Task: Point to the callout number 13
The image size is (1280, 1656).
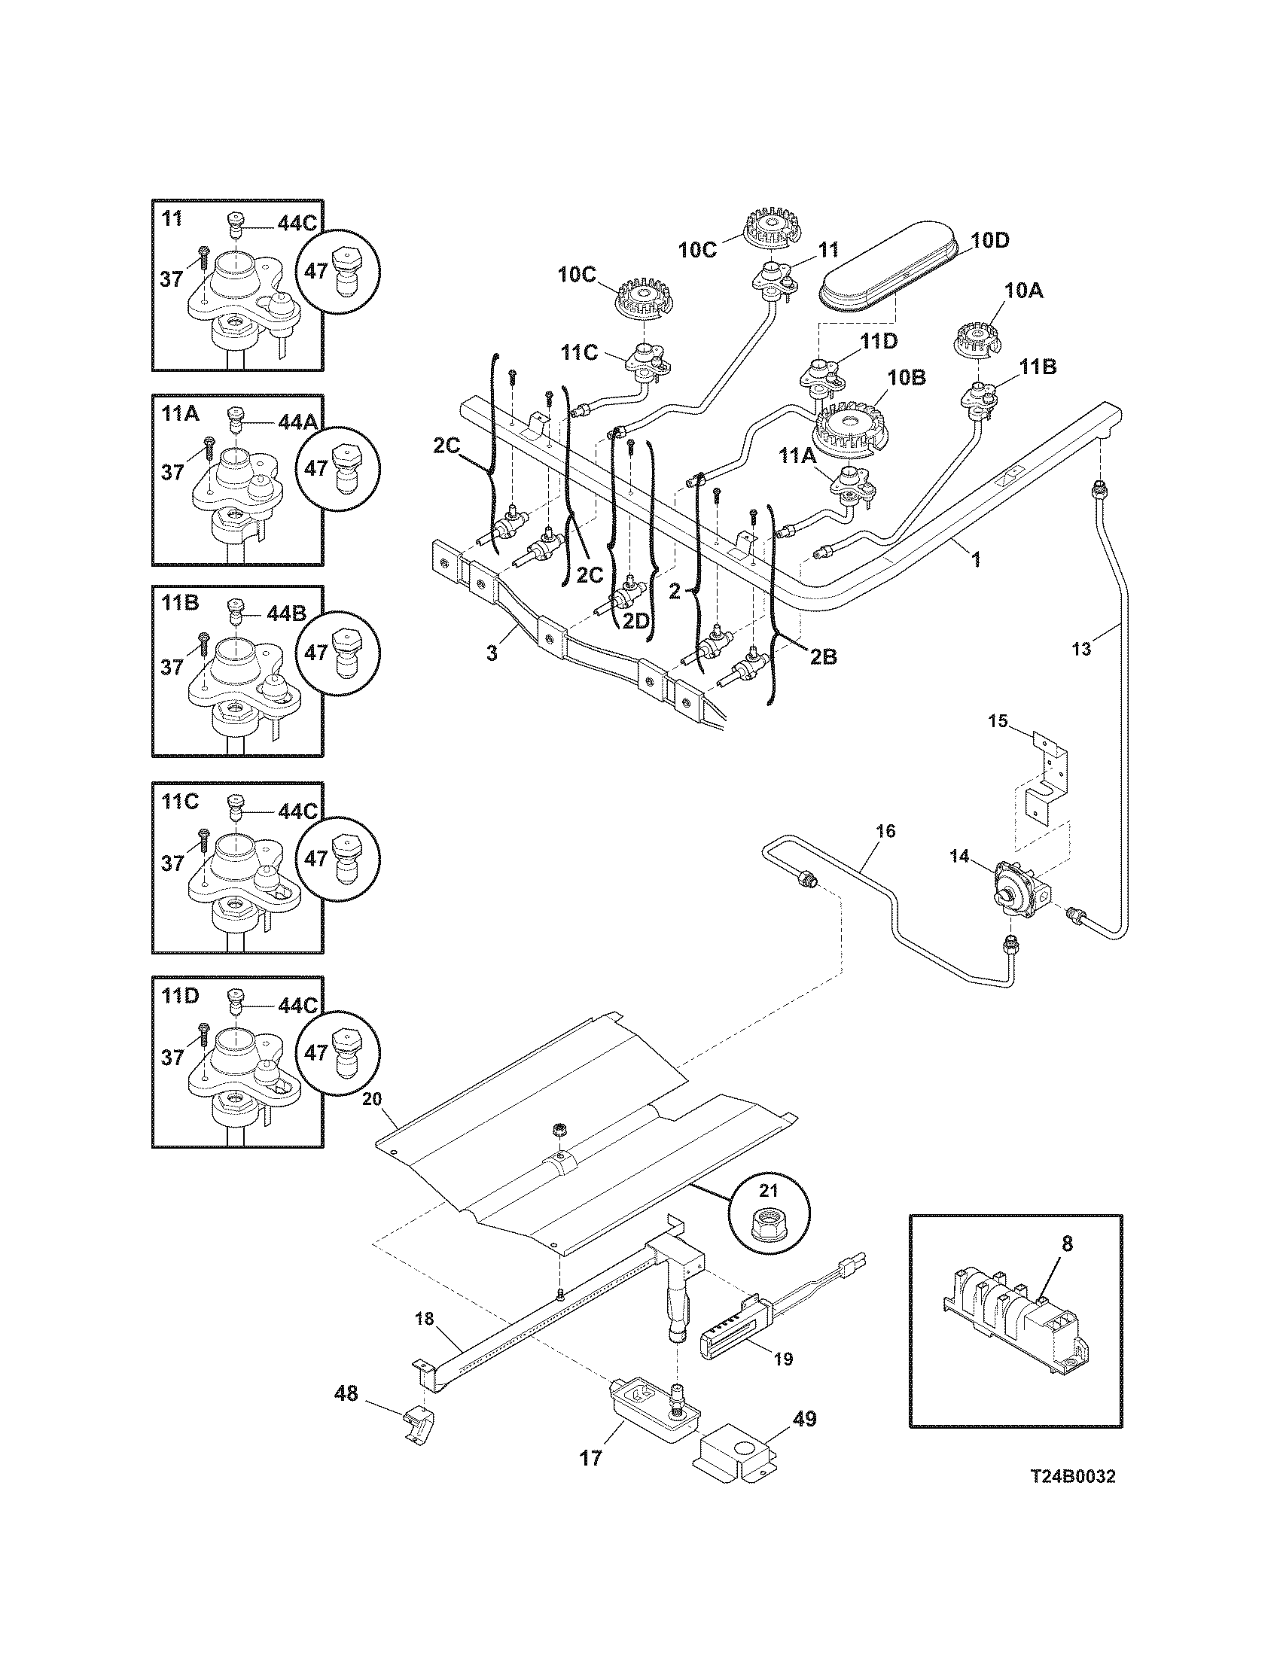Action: click(1081, 649)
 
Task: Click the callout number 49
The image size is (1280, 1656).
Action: click(804, 1419)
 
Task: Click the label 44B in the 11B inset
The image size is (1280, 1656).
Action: click(286, 613)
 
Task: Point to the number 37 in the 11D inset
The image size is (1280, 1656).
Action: click(172, 1057)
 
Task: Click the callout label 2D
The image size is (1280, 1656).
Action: click(635, 621)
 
